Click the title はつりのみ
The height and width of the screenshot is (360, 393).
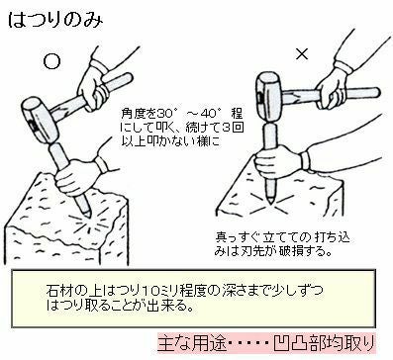[55, 21]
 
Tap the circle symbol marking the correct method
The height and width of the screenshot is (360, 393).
[52, 61]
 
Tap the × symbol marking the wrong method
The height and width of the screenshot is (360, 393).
[302, 53]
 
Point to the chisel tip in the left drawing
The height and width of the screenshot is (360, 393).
[88, 215]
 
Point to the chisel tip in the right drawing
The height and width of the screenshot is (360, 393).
[270, 202]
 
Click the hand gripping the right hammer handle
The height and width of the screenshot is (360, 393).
[330, 86]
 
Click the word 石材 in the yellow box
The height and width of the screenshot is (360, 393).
[59, 291]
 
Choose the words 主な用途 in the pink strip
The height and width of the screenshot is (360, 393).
[192, 343]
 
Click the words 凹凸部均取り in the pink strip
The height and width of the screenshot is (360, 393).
[324, 343]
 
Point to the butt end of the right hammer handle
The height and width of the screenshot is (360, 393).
[377, 92]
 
